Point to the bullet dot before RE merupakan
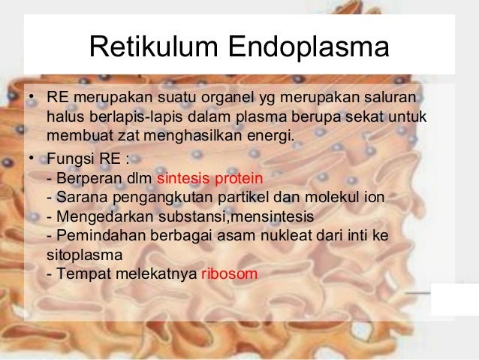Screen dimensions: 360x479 30,99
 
